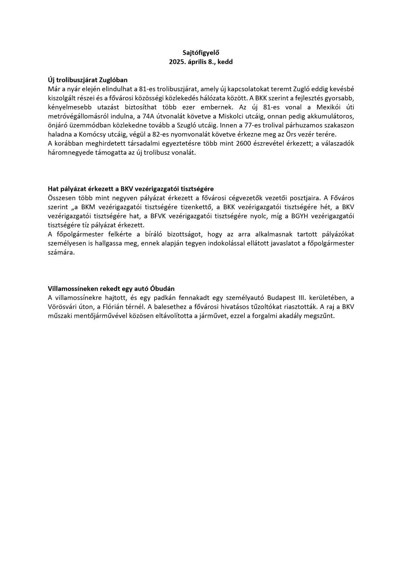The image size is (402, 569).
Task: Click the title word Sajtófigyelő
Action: coord(201,53)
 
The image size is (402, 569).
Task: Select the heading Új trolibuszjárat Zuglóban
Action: coord(88,80)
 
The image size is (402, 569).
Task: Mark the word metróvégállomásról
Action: coord(77,116)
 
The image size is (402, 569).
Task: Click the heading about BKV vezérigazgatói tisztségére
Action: coord(131,189)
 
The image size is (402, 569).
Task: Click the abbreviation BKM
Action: coord(85,207)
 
